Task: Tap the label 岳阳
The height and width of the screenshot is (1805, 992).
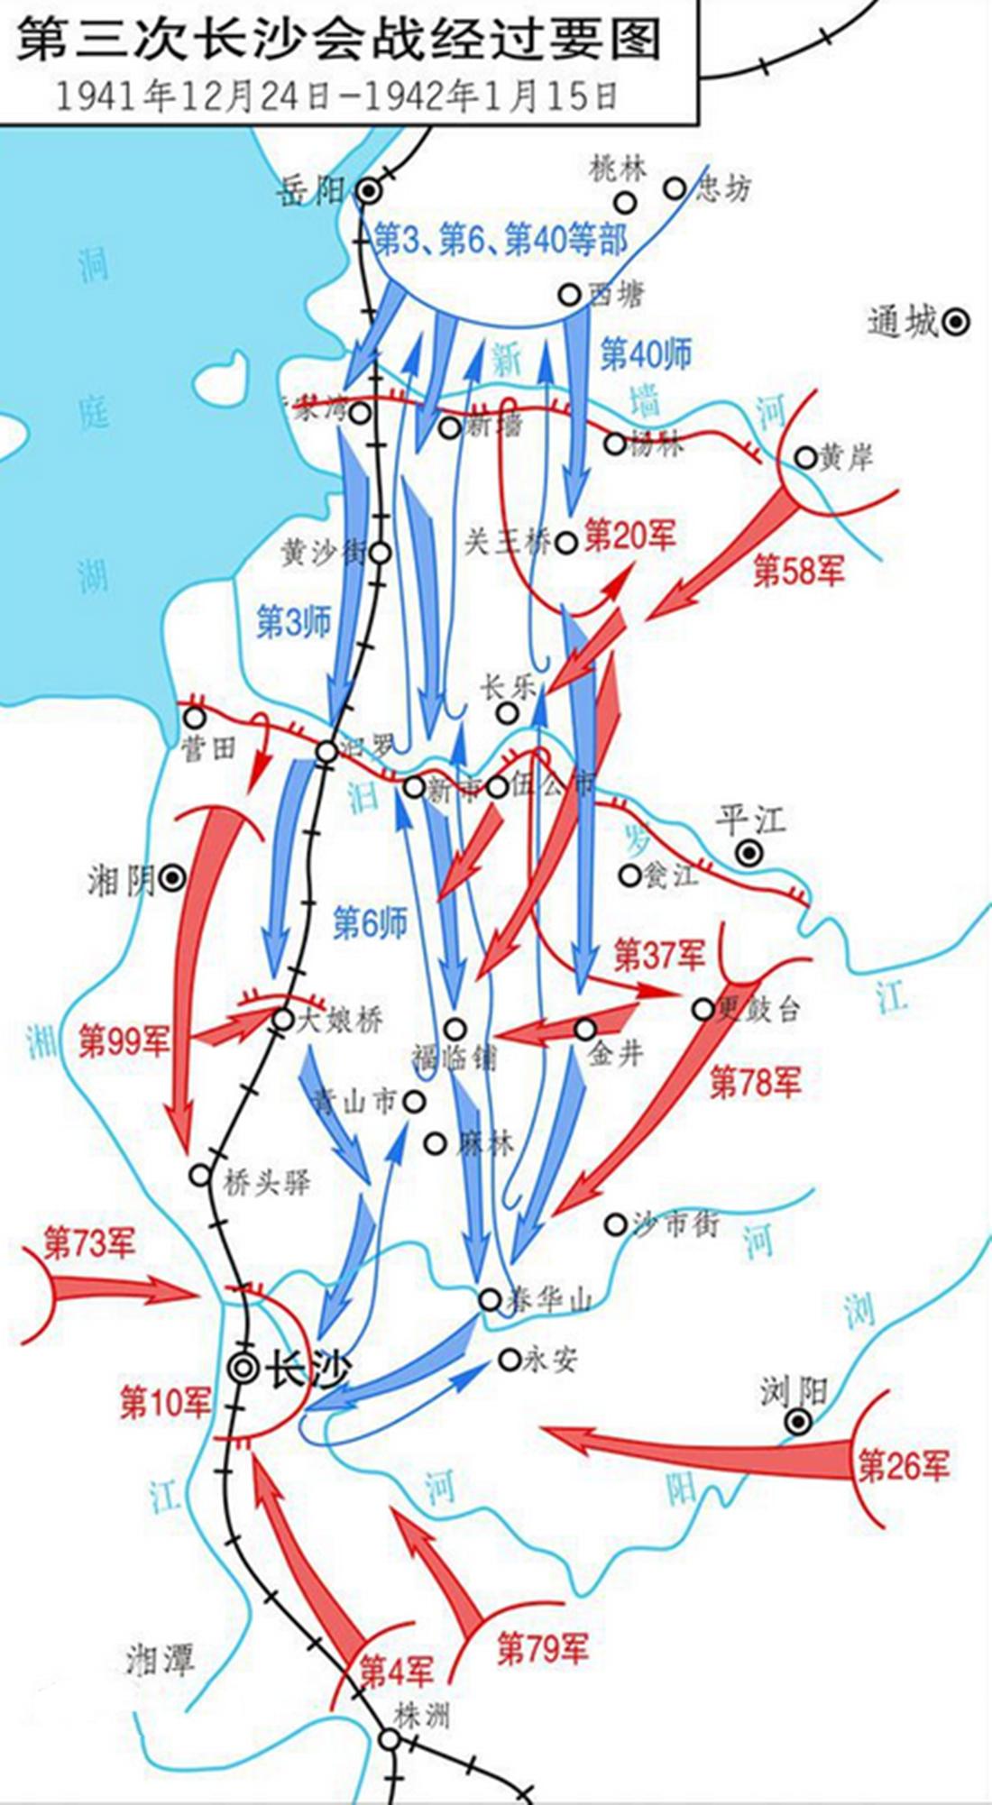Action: click(x=311, y=190)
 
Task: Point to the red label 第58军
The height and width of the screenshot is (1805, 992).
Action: click(x=798, y=570)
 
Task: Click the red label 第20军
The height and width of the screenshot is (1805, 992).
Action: click(x=629, y=536)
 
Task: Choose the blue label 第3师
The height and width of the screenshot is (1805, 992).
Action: click(x=294, y=621)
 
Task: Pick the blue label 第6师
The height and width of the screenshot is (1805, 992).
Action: click(x=370, y=921)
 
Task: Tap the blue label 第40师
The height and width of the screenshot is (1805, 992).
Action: click(x=646, y=354)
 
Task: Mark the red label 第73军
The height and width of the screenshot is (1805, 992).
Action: click(x=89, y=1244)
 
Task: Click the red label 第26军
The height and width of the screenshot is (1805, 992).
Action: click(x=903, y=1466)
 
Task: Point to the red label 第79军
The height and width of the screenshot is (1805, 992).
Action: click(x=542, y=1647)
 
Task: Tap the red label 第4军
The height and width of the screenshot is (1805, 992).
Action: click(x=396, y=1670)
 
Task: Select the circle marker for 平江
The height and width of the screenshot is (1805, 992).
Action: click(x=749, y=852)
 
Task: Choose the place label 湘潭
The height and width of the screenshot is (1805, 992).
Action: click(x=160, y=1658)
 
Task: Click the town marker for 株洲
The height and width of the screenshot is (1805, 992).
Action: click(x=389, y=1739)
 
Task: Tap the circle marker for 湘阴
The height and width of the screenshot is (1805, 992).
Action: click(x=172, y=875)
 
